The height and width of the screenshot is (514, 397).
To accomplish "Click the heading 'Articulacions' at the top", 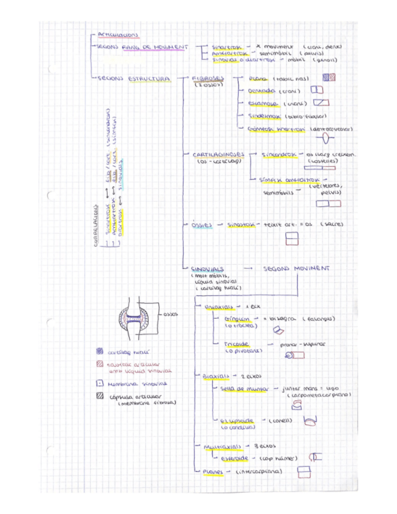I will click(118, 35).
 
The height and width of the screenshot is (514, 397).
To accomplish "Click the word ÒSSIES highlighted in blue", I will click(201, 224).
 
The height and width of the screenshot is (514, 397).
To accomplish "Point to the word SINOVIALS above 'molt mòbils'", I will click(207, 268).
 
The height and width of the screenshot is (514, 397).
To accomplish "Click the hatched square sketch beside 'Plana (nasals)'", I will click(329, 78).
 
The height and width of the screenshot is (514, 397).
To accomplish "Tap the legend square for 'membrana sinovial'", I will click(100, 384).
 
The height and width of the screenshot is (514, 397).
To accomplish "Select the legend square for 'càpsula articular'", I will click(100, 396).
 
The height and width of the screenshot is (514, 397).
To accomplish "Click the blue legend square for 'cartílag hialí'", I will click(99, 352).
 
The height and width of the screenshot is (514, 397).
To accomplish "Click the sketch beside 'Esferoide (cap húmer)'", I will click(316, 456).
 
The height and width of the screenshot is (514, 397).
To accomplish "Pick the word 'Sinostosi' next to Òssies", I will click(241, 224).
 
